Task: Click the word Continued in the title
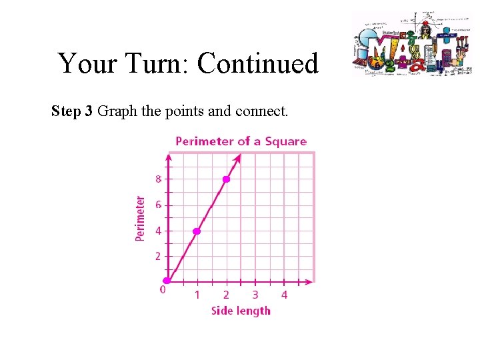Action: coord(258,64)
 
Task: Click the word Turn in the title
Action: coord(154,64)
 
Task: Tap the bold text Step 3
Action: coord(72,111)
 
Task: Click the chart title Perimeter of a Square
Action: coord(241,141)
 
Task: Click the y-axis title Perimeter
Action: coord(140,219)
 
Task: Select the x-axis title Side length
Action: coord(241,311)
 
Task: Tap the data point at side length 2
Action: coord(226,179)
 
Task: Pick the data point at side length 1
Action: coord(197,231)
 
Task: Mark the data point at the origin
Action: coord(168,281)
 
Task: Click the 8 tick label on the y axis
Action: coord(158,179)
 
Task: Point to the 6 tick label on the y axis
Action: coord(158,205)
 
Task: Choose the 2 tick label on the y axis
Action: coord(158,257)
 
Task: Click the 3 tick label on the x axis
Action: coord(255,295)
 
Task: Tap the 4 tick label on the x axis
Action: coord(284,295)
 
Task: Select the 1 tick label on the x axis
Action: coord(197,295)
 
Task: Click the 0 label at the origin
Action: coord(162,289)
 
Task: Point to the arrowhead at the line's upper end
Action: coord(238,159)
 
